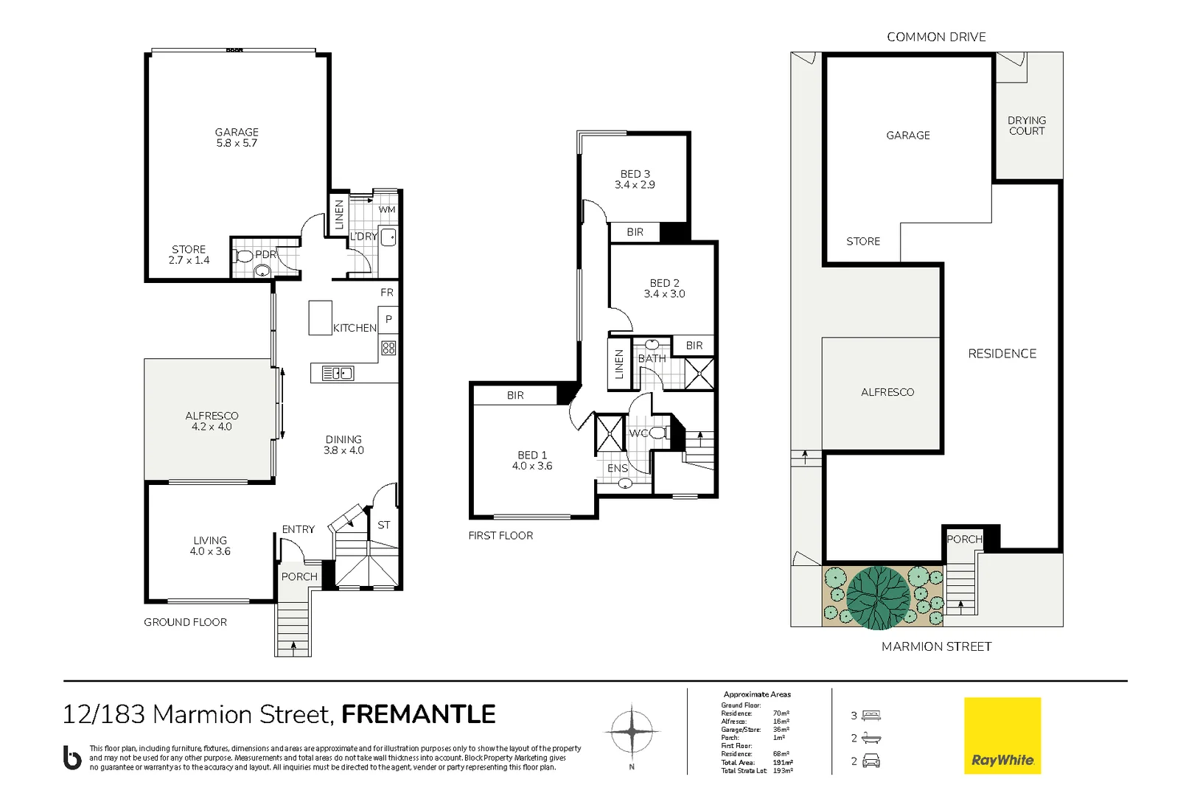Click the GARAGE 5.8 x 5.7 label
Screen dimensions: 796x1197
[x=237, y=138]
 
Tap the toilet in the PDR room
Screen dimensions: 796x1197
[x=244, y=256]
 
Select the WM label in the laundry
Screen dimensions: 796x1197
[x=387, y=209]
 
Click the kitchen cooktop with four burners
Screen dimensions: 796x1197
[x=388, y=348]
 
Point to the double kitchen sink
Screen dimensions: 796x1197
[x=338, y=374]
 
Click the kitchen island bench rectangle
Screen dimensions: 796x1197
[x=320, y=318]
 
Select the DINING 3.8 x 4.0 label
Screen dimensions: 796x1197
[x=343, y=444]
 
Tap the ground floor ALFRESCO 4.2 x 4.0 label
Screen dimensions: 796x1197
[x=212, y=421]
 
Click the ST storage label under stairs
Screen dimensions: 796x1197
[x=383, y=525]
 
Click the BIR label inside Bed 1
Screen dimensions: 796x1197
[x=515, y=396]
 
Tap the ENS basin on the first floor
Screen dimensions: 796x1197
[x=625, y=484]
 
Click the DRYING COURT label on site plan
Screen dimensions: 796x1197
[x=1027, y=125]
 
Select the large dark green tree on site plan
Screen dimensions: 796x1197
[x=879, y=598]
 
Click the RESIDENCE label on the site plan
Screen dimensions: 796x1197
[x=1002, y=354]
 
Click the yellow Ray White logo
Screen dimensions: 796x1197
[x=1002, y=736]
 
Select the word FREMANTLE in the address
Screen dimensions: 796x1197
[x=418, y=714]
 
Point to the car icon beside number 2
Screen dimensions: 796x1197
[x=871, y=761]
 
